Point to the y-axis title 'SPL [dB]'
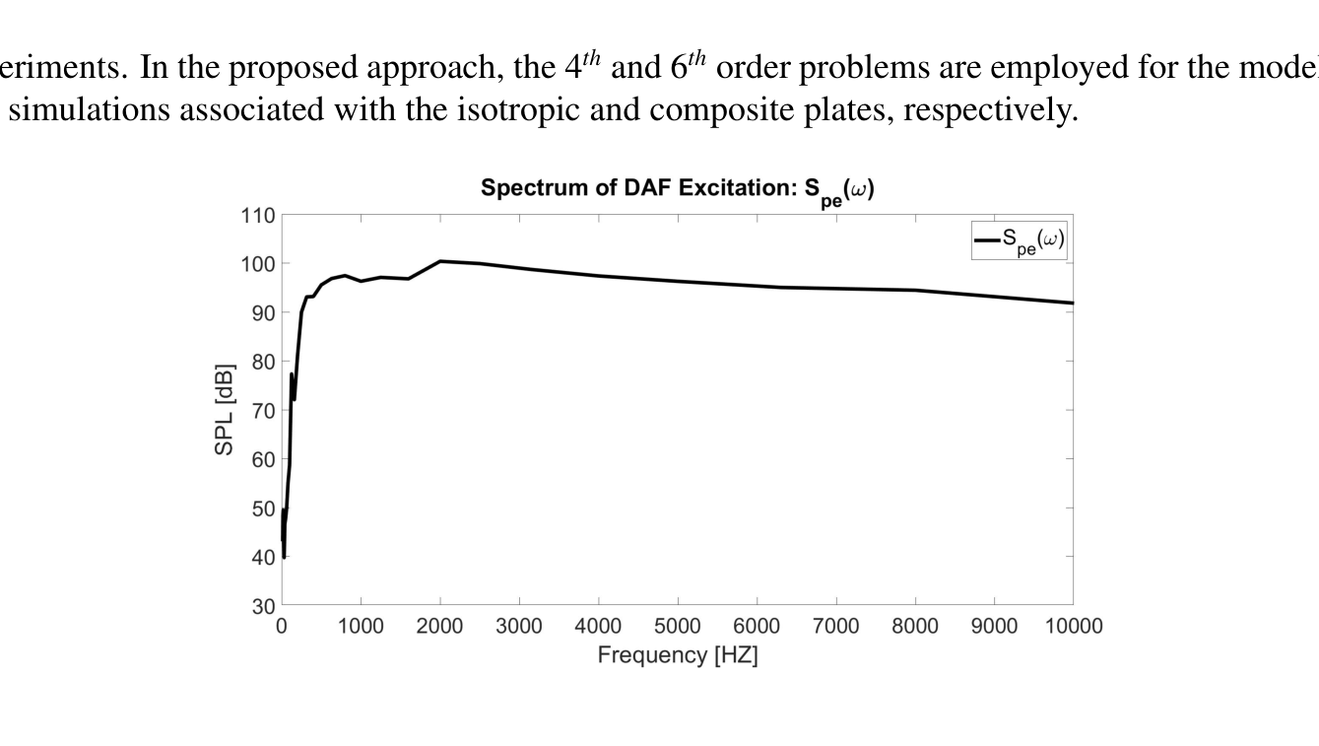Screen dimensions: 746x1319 [225, 410]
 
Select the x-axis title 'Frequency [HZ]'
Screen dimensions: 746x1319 [677, 655]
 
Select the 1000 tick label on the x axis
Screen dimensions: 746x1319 [361, 627]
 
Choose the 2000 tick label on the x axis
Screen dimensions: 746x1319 [440, 627]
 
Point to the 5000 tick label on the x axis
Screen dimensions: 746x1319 [677, 627]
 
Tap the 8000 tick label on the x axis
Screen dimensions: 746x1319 [915, 627]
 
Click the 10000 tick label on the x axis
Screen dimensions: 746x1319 [1073, 627]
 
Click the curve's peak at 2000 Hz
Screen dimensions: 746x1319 [440, 261]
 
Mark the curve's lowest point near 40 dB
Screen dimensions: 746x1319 [284, 557]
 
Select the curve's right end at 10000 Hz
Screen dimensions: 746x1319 [1072, 303]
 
